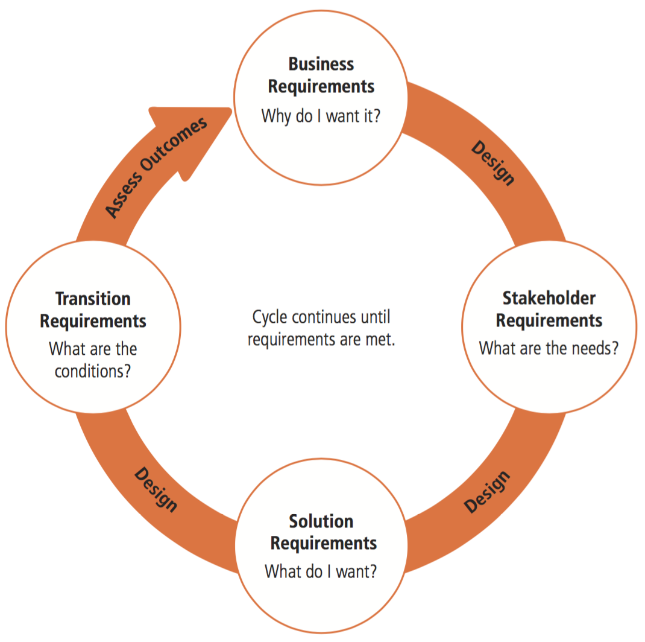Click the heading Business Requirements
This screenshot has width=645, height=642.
321,75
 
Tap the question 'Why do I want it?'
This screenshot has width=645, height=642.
321,115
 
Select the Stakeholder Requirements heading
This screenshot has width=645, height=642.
549,309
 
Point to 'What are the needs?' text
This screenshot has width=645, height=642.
549,348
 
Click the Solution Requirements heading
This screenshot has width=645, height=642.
323,532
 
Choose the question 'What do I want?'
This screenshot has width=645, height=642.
321,571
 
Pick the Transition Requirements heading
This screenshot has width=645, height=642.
93,310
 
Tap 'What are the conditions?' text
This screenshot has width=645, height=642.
93,360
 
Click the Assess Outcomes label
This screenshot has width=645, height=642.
156,167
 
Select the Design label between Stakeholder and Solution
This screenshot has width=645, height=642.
487,492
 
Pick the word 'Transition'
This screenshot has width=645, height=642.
93,299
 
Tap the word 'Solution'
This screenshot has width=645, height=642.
321,521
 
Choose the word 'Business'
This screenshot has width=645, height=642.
321,64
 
